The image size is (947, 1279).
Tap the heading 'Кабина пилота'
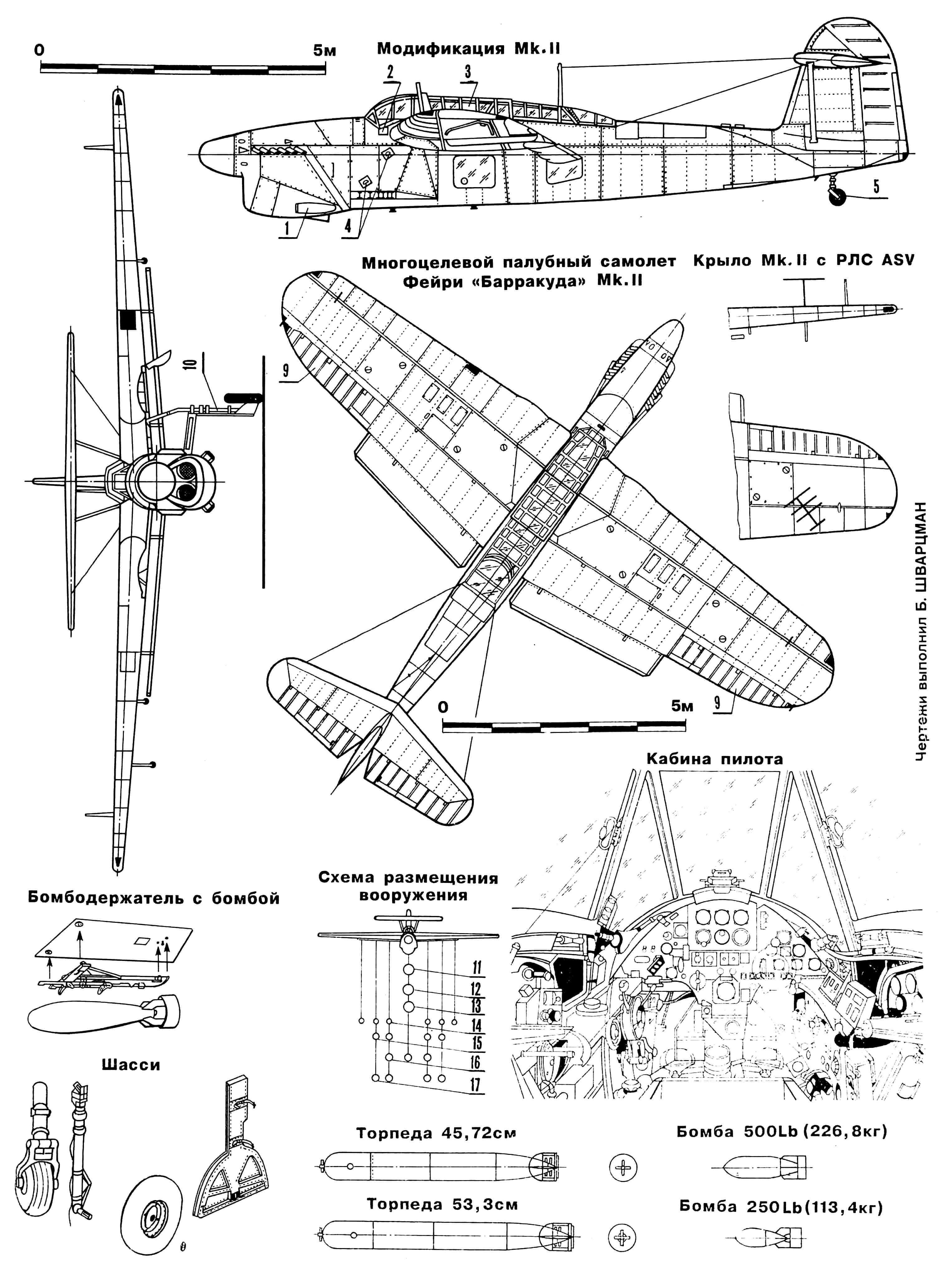(714, 759)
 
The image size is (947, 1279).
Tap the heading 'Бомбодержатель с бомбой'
(154, 898)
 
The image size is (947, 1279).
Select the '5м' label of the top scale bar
(324, 51)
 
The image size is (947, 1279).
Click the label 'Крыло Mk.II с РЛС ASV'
(804, 261)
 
